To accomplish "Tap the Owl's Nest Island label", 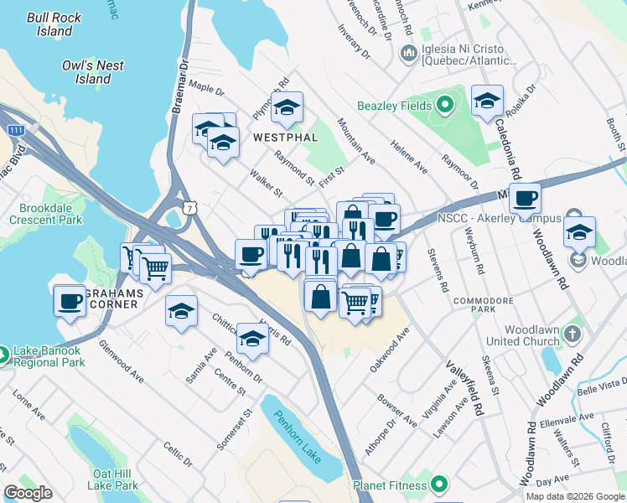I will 93,72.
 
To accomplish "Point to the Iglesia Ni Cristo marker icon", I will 410,54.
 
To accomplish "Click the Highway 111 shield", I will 14,130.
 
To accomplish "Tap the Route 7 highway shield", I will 191,206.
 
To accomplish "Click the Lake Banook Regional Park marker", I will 6,356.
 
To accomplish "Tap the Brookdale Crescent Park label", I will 46,213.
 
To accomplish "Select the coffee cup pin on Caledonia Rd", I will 525,199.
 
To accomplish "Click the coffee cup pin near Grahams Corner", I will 70,301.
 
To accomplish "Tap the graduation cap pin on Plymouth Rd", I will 287,107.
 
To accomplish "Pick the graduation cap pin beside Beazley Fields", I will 487,101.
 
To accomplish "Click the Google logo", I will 28,493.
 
